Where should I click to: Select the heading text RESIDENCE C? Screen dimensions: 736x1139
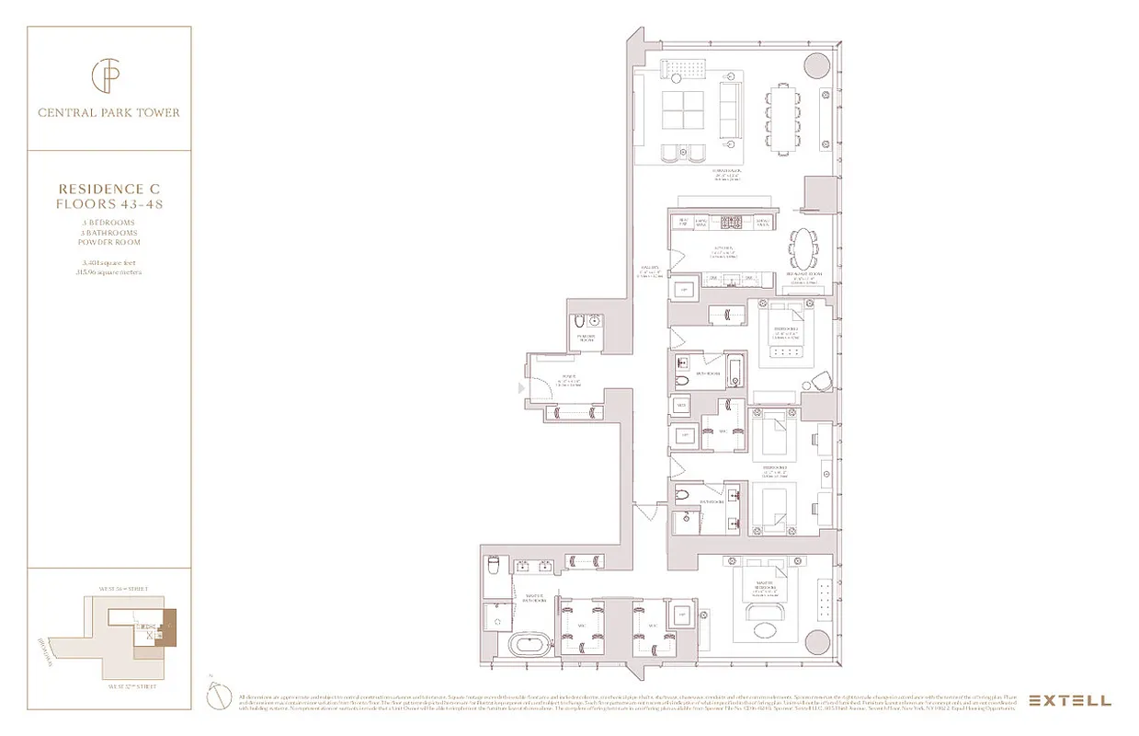coord(109,189)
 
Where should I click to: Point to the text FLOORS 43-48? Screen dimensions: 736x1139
coord(109,203)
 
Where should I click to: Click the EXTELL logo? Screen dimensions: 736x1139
coord(1069,700)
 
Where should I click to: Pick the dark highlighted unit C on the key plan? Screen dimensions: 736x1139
coord(169,628)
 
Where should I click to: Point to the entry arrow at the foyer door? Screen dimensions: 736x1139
coord(522,389)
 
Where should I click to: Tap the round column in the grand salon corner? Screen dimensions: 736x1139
coord(815,64)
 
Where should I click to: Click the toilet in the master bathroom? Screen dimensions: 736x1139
coord(492,565)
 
